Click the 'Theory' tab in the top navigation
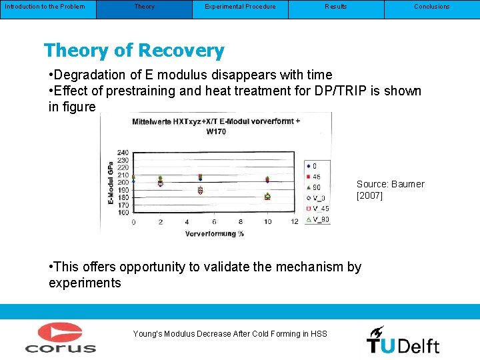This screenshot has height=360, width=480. (x=144, y=7)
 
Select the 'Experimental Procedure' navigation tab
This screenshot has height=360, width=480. (x=240, y=7)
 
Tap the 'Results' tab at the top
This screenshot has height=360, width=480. (x=335, y=7)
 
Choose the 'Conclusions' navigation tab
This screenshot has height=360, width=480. (x=431, y=7)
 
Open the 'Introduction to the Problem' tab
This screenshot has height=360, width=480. (x=45, y=7)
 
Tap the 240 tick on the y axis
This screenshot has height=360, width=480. (x=123, y=153)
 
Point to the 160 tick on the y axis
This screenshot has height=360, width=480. (x=123, y=212)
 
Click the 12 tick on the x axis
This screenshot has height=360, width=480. (x=295, y=222)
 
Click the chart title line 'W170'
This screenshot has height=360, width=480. (x=216, y=131)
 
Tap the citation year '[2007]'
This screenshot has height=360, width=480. (x=370, y=195)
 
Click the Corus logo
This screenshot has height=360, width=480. (x=61, y=337)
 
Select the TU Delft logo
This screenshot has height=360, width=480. (x=403, y=340)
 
